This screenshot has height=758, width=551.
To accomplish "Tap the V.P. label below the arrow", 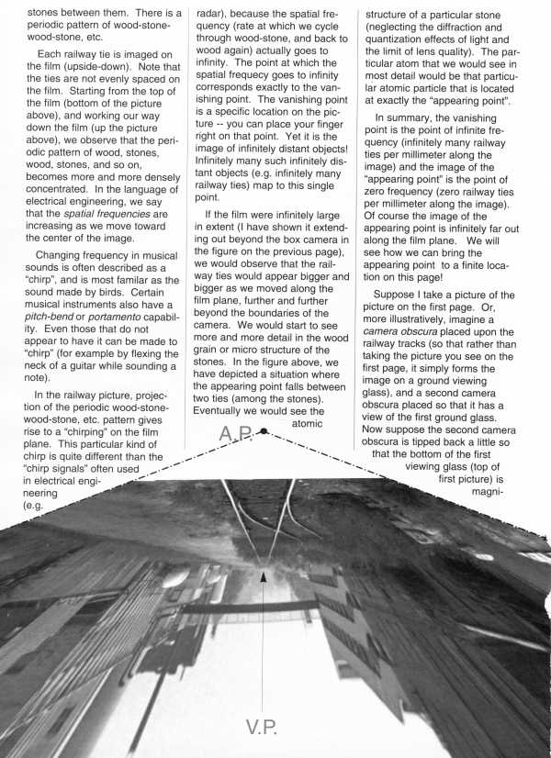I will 265,728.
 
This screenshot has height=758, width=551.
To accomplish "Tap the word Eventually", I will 231,412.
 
